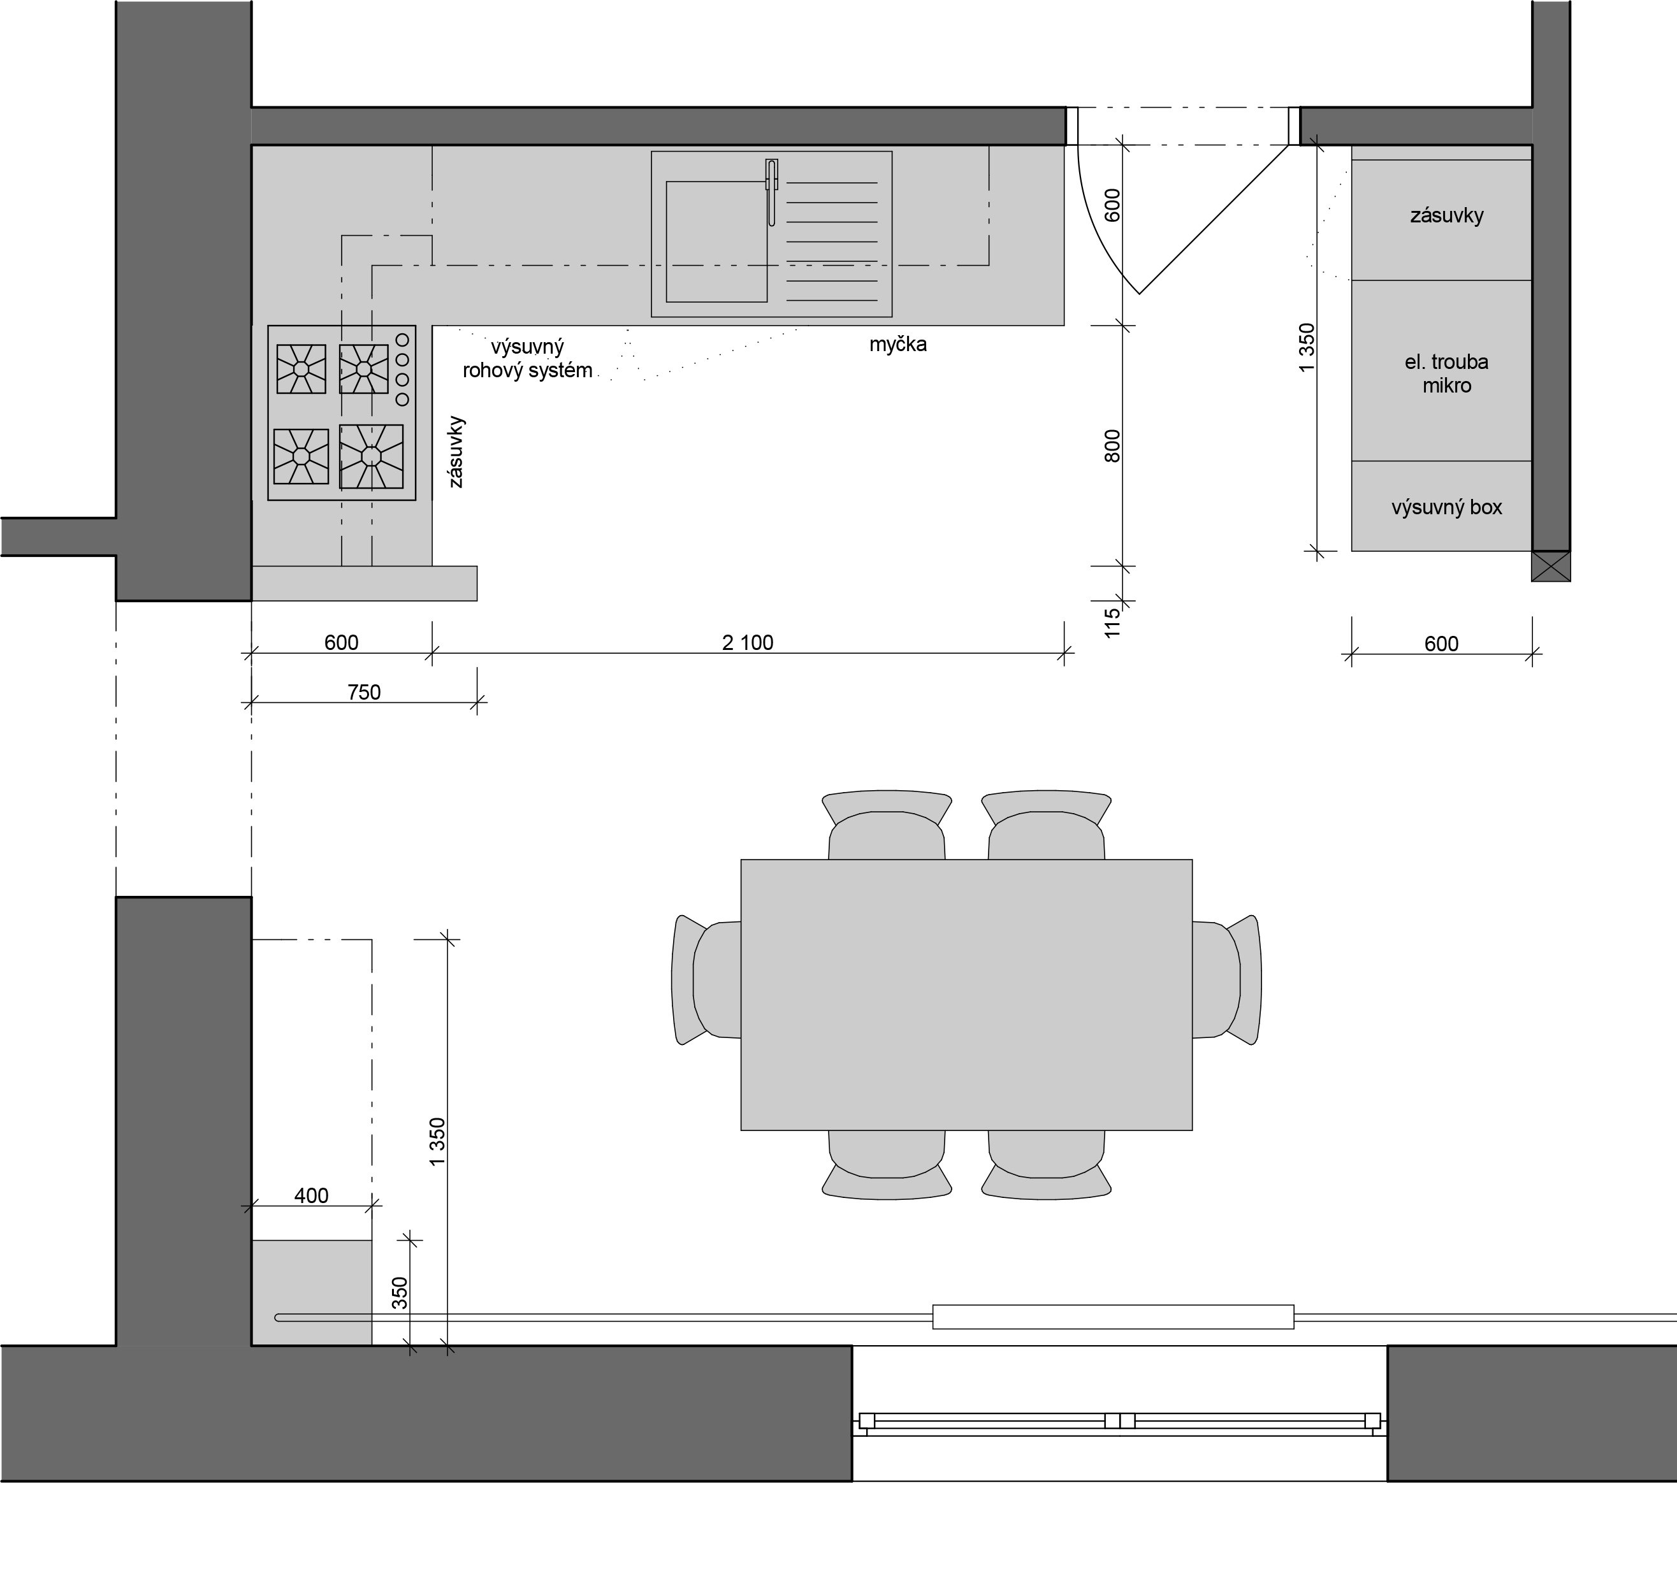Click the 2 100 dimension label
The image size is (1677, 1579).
click(748, 643)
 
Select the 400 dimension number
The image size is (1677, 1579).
click(311, 1196)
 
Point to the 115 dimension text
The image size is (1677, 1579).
click(1113, 623)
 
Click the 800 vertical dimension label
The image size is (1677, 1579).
click(1113, 446)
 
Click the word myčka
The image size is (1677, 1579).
click(897, 344)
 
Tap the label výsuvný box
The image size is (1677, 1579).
click(1447, 508)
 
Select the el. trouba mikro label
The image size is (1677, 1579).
click(1447, 373)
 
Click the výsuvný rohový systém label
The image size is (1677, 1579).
click(527, 359)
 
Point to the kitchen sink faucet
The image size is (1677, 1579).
click(771, 192)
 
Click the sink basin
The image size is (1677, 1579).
click(716, 242)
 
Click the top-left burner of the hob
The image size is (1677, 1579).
click(301, 368)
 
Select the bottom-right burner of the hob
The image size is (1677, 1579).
click(371, 456)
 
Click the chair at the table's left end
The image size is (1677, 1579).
click(706, 980)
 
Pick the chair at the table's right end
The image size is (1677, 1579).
click(1226, 980)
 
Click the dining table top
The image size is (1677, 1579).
click(967, 995)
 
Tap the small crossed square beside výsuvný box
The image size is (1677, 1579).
click(1551, 566)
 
